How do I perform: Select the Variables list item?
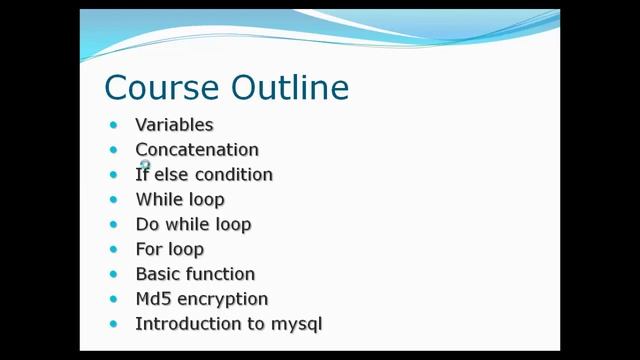tap(174, 125)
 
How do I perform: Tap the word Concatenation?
tap(197, 150)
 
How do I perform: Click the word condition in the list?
tap(234, 175)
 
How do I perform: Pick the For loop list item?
tap(169, 249)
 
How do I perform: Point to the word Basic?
tap(156, 274)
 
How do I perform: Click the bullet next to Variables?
tap(113, 125)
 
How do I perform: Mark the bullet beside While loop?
tap(113, 200)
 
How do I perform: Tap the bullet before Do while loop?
tap(113, 225)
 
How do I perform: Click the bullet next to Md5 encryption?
tap(113, 299)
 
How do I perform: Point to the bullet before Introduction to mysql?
tap(113, 324)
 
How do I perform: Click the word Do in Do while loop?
tap(147, 225)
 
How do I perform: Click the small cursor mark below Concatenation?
tap(145, 165)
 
